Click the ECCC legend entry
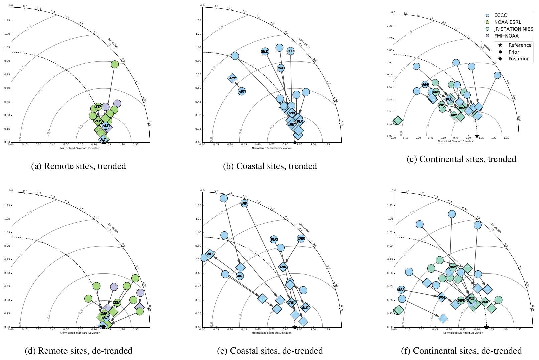500,15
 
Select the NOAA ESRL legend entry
507,22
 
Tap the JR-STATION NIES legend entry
513,29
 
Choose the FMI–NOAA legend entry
506,36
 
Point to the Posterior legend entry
518,59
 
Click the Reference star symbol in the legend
500,45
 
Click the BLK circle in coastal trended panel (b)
265,51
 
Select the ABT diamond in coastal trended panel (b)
232,78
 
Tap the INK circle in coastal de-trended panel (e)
244,203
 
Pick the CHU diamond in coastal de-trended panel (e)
283,267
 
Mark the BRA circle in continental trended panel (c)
425,85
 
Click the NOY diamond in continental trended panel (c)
454,115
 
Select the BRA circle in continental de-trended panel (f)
401,290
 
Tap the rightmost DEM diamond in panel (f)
485,302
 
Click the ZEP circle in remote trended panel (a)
98,107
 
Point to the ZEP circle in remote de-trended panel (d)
117,303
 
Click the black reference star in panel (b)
295,142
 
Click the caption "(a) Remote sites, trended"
78,166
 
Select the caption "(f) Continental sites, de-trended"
461,351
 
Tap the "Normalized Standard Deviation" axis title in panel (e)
272,333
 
